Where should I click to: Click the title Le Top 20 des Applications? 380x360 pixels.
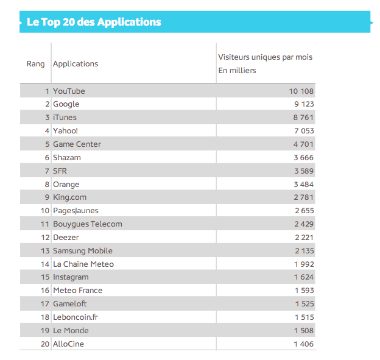[94, 23]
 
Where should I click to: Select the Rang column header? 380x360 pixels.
[35, 63]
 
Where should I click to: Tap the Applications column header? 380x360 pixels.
[76, 63]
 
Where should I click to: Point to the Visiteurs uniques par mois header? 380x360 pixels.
[265, 57]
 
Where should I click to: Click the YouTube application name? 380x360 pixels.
[69, 91]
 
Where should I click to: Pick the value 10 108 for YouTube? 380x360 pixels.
[301, 91]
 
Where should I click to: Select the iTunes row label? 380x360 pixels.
[65, 117]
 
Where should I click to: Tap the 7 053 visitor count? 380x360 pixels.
[303, 130]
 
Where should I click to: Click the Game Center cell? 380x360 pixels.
[77, 144]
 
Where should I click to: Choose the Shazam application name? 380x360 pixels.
[66, 157]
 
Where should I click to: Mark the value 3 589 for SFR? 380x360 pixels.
[303, 171]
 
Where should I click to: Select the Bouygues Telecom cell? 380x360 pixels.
[87, 224]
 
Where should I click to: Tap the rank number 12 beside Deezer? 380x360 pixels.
[44, 237]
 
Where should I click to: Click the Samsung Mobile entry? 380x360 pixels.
[82, 250]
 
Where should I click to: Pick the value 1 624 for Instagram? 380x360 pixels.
[303, 277]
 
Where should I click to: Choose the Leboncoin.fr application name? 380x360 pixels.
[75, 317]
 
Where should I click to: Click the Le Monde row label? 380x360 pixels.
[71, 330]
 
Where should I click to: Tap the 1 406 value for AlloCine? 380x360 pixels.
[303, 344]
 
